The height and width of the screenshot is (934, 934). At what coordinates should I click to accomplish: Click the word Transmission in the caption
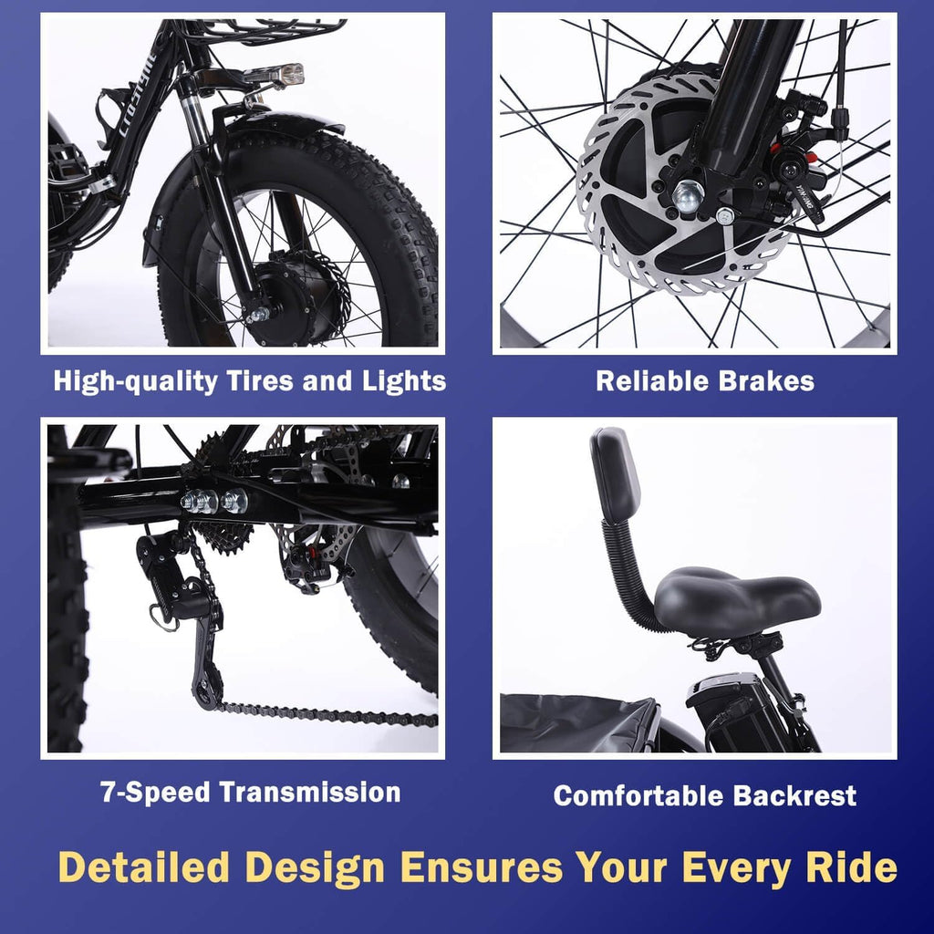pyautogui.click(x=312, y=792)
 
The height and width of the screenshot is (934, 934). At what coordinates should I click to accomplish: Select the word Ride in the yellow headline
pyautogui.click(x=852, y=867)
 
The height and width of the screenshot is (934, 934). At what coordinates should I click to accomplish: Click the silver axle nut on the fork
pyautogui.click(x=688, y=194)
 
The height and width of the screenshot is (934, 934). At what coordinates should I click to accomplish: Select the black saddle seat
pyautogui.click(x=735, y=602)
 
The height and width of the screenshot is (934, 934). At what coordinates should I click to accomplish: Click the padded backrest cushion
pyautogui.click(x=616, y=474)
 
